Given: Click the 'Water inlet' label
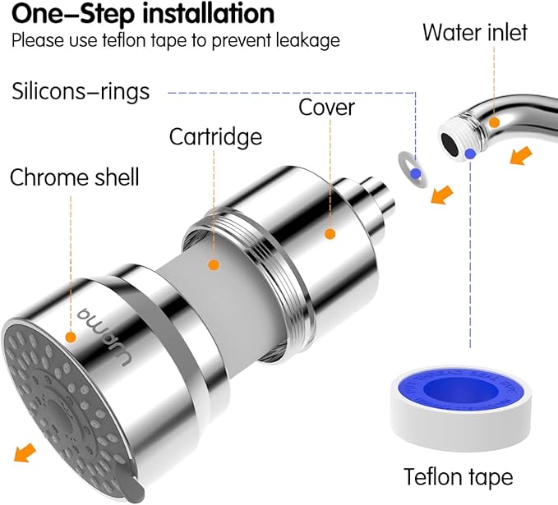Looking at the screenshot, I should pyautogui.click(x=474, y=33).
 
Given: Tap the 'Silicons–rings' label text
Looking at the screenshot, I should pyautogui.click(x=81, y=91).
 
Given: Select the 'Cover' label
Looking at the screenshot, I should pyautogui.click(x=326, y=108).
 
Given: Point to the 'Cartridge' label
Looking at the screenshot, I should pyautogui.click(x=216, y=136).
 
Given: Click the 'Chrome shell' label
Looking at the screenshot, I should pyautogui.click(x=75, y=177).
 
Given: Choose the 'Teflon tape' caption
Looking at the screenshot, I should pyautogui.click(x=458, y=476).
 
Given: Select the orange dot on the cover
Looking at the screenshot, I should pyautogui.click(x=330, y=234).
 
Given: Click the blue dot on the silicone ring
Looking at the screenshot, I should pyautogui.click(x=417, y=173).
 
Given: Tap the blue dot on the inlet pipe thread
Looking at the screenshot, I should pyautogui.click(x=469, y=154).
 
